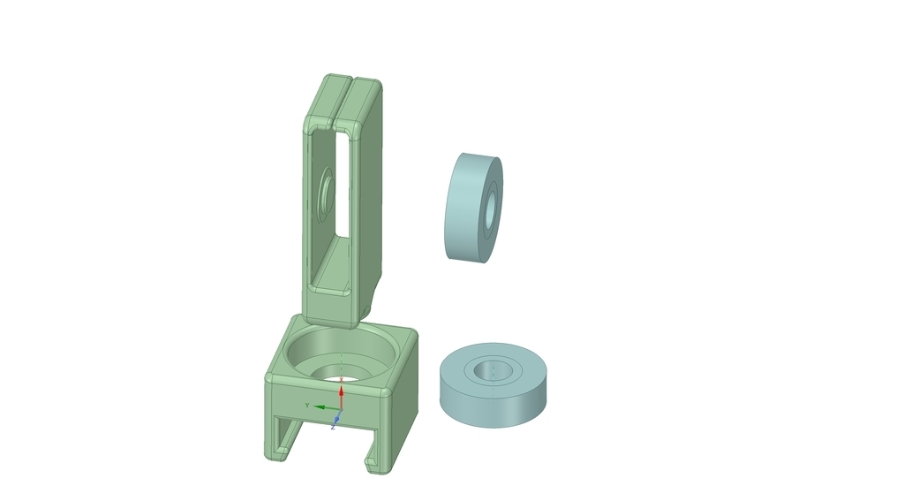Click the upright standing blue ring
pyautogui.click(x=473, y=208)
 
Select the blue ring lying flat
pyautogui.click(x=493, y=385)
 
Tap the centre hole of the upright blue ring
pyautogui.click(x=491, y=208)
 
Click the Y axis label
pyautogui.click(x=307, y=406)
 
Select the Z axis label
pyautogui.click(x=333, y=427)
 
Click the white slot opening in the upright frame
pyautogui.click(x=343, y=185)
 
